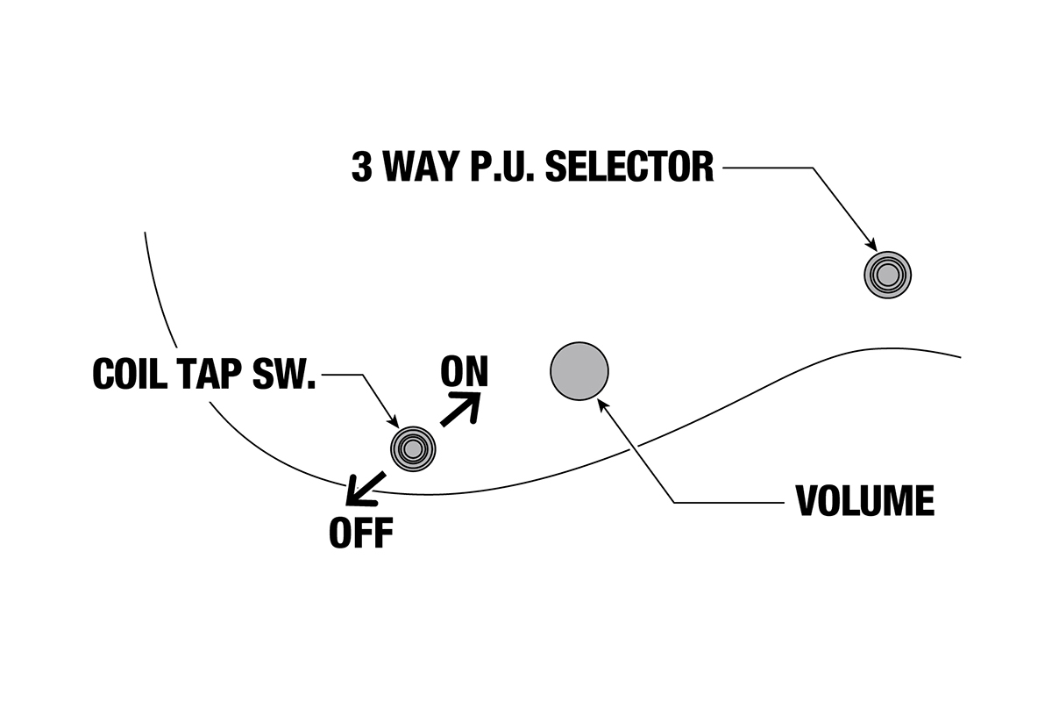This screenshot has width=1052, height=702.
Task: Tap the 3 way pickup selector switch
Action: click(888, 275)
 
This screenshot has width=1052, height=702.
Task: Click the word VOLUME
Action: click(864, 500)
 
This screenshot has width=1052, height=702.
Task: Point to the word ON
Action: click(465, 372)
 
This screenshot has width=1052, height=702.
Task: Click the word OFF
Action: click(360, 532)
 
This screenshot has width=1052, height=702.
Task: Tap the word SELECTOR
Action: click(629, 166)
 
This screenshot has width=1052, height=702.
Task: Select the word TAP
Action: click(210, 375)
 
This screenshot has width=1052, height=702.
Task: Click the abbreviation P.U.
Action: click(501, 166)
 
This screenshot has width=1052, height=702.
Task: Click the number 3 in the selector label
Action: click(361, 166)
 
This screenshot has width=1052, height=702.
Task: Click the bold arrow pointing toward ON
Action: click(462, 409)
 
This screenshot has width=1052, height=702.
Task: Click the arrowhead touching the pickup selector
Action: click(871, 247)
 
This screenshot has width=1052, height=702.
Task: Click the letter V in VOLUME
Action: click(807, 500)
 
